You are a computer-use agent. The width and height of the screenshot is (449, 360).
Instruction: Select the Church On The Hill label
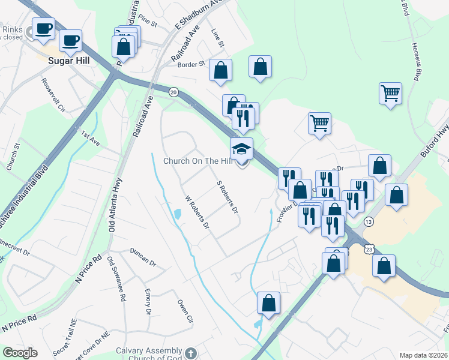coord(197,161)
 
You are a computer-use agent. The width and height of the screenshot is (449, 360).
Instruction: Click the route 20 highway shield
coord(173,92)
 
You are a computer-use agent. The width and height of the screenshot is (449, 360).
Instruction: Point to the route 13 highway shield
coord(368,221)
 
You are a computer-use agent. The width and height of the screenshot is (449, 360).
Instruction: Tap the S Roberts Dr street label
coord(228,197)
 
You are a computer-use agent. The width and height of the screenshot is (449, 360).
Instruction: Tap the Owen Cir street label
coord(184,310)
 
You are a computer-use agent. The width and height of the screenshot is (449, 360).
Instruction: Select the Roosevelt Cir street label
coord(53,95)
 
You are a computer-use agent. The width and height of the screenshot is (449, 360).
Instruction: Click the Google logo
coord(19,353)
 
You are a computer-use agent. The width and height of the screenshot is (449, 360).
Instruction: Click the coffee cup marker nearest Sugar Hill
coord(70,42)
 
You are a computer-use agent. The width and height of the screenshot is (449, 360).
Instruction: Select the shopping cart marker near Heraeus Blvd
coord(390,93)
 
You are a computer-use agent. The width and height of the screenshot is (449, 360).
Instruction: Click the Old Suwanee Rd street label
coord(116,280)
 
